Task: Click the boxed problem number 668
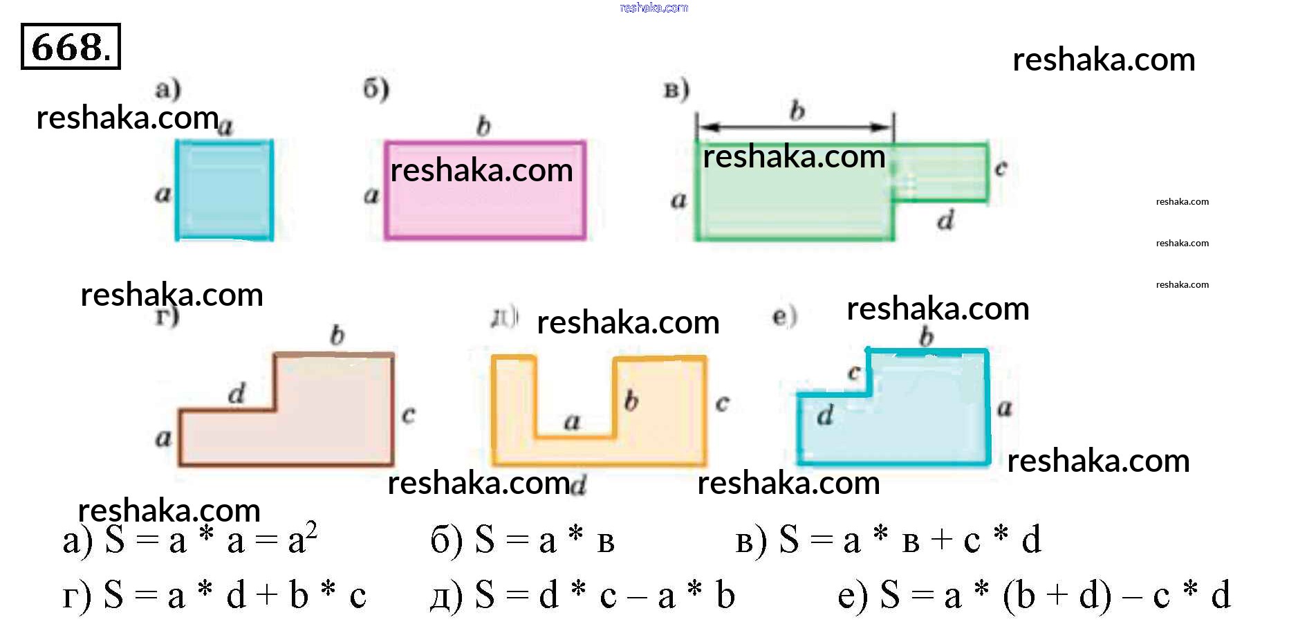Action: pos(71,46)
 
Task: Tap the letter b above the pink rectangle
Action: pos(483,126)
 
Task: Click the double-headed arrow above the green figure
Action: pos(795,127)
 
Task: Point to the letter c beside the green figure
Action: pos(1001,168)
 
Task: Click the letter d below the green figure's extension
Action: pos(945,221)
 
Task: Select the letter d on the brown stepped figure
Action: pos(237,394)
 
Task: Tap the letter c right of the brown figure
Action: pos(409,414)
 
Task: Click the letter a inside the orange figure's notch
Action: pos(572,421)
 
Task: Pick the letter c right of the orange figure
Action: pos(722,403)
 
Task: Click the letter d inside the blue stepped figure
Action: pos(825,415)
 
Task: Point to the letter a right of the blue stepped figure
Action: pos(1004,408)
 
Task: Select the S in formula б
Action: pos(485,540)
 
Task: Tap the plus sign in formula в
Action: pos(942,540)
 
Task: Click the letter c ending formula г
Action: pos(358,596)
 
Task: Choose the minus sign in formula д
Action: pos(636,596)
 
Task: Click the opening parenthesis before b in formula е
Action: pos(1010,596)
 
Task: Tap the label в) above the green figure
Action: pos(676,90)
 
